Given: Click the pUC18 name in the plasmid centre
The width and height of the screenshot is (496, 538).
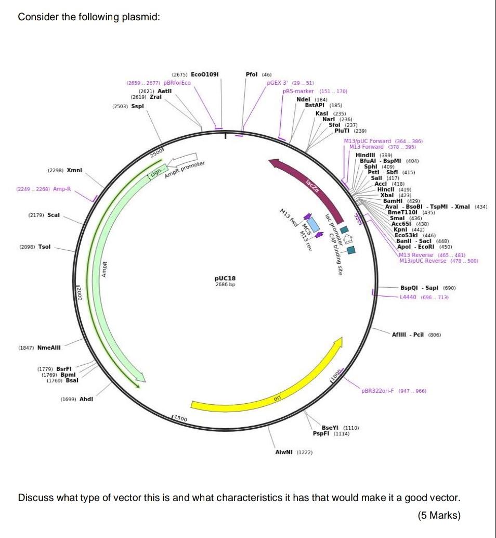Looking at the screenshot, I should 225,278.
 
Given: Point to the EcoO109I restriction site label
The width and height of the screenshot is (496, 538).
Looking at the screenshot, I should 205,74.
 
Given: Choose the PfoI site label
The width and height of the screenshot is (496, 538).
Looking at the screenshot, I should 252,74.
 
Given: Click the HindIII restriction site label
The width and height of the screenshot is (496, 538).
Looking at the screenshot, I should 367,155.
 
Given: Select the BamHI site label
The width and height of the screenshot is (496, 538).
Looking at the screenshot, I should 394,201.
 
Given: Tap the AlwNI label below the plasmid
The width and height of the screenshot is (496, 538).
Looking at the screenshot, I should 284,453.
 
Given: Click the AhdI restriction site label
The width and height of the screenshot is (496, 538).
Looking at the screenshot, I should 86,399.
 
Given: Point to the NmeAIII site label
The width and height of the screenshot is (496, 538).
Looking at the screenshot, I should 49,347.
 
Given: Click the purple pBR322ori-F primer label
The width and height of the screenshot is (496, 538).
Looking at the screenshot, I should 378,391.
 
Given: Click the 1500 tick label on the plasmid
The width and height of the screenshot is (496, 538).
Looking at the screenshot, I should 180,418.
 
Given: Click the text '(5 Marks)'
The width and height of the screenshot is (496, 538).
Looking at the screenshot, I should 439,516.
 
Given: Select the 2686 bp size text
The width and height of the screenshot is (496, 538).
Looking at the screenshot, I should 225,285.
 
